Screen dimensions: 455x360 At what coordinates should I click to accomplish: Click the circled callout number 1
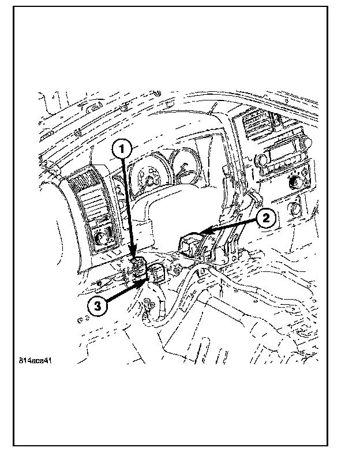(122, 149)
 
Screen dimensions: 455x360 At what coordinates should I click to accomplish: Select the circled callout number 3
(97, 306)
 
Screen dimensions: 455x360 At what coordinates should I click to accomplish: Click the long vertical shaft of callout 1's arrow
(129, 208)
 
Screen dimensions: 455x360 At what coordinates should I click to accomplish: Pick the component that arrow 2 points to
(193, 243)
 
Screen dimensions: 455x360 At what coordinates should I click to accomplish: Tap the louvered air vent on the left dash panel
(92, 199)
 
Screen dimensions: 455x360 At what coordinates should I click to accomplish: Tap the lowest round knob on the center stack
(296, 207)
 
